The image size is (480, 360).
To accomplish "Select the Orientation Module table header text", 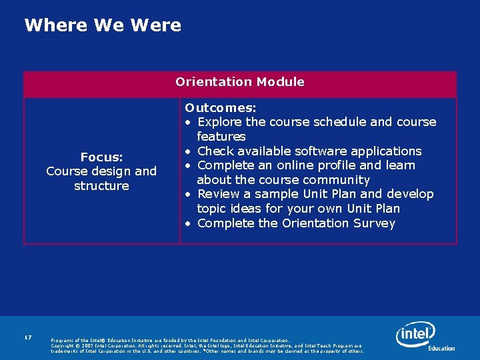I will click(240, 82).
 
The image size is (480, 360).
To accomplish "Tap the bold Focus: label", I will click(101, 157).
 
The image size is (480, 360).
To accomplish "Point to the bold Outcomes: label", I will click(221, 107).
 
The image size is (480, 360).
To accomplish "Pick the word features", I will click(221, 136).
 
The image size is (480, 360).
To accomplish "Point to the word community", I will click(339, 180).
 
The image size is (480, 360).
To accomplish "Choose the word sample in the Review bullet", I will click(272, 194).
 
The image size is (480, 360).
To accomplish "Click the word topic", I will click(212, 209).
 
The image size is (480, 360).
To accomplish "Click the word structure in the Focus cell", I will click(101, 186).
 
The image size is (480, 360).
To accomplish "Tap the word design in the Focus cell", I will click(109, 171).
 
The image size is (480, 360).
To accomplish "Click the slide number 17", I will click(28, 338).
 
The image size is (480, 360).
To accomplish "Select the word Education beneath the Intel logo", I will click(441, 348).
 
